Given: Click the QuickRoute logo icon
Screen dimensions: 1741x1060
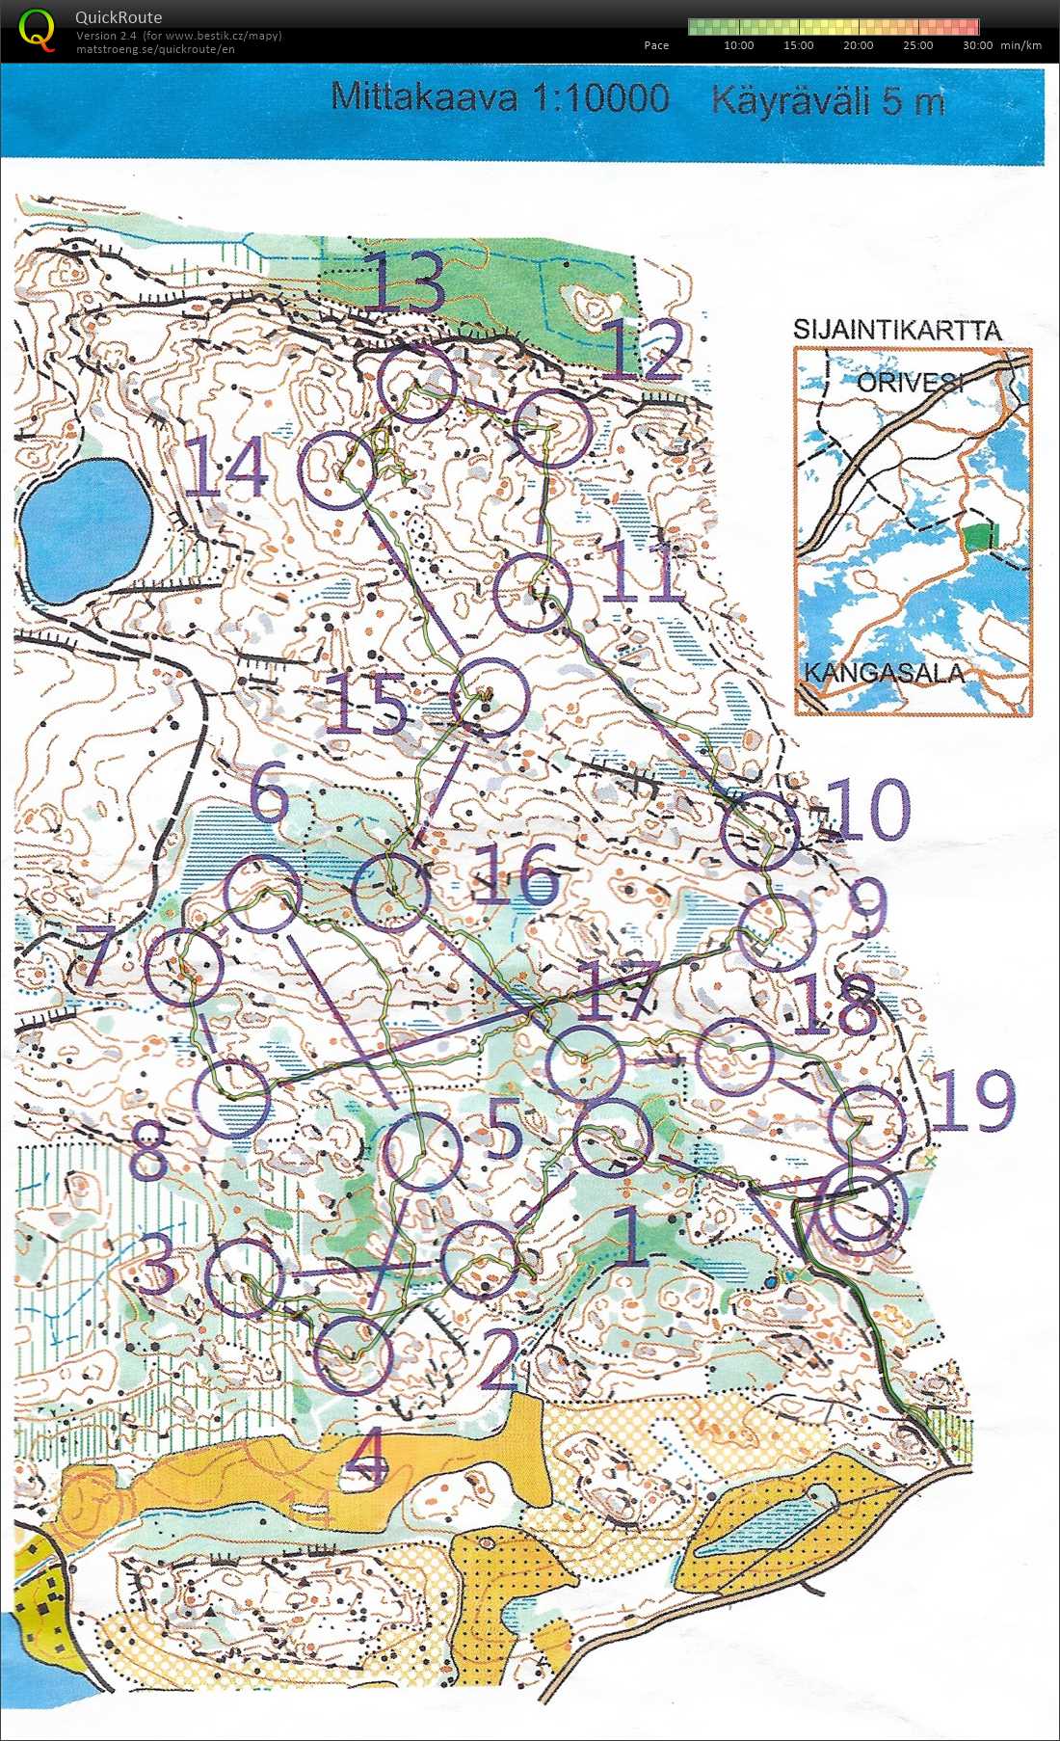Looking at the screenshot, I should (36, 28).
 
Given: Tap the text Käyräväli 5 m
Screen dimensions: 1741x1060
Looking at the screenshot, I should (828, 100).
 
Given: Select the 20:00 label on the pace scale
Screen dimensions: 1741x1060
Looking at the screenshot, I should (858, 45).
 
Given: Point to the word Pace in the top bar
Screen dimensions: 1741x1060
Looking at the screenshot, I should (656, 45).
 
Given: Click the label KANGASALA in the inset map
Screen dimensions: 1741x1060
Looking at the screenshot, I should (883, 672).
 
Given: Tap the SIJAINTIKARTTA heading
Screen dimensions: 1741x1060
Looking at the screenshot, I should (897, 330).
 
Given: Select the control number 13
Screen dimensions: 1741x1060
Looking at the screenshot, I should (404, 281).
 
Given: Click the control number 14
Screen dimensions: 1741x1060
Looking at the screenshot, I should (225, 467).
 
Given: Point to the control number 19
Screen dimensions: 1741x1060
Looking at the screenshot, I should (974, 1101).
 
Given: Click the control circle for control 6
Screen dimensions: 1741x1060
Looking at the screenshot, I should (261, 894).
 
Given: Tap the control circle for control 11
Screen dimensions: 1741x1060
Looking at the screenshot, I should (532, 593).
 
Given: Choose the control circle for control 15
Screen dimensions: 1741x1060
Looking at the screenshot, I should (490, 698).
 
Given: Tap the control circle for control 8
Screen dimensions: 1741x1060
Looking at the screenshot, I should (230, 1098).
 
